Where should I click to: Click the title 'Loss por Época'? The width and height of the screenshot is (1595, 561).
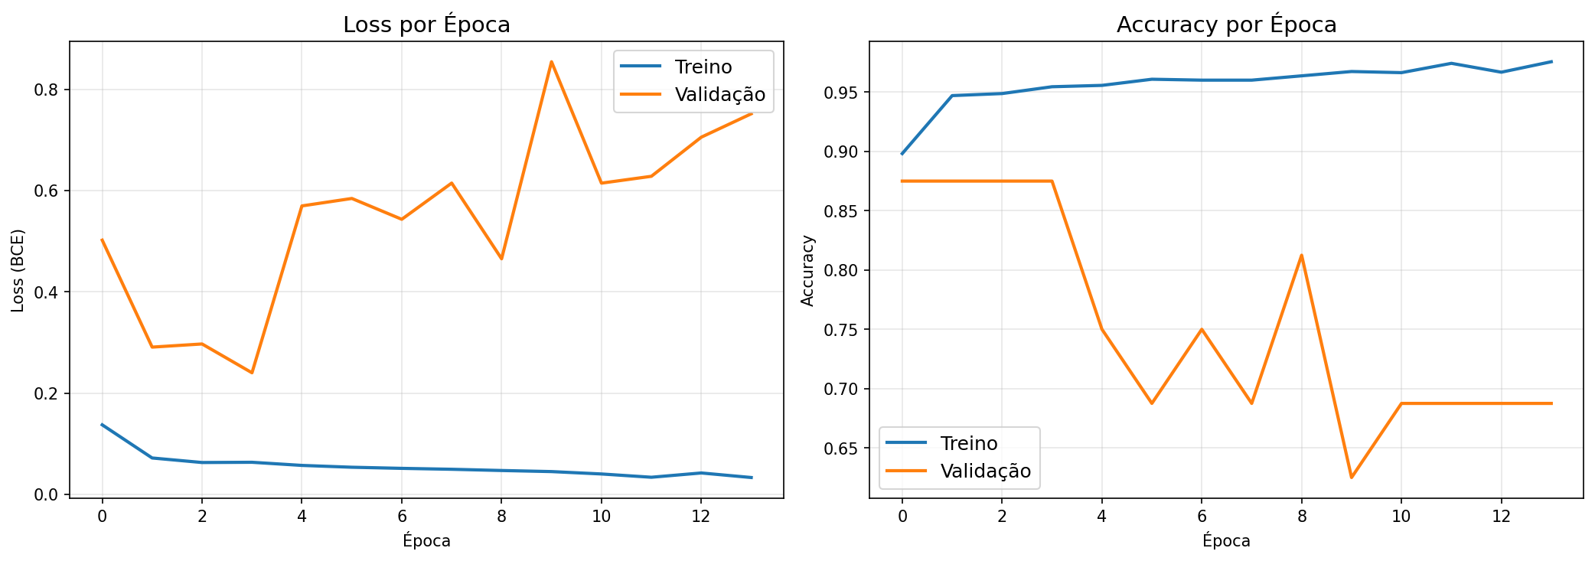click(x=426, y=25)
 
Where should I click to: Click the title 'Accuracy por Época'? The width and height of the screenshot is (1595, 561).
click(x=1226, y=25)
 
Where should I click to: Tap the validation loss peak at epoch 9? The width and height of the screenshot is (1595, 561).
click(x=551, y=62)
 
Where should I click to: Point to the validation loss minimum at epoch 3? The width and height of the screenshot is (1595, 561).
click(x=252, y=373)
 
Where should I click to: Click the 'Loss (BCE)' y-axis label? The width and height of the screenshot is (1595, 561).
click(x=18, y=270)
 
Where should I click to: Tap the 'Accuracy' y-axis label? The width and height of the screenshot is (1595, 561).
click(x=807, y=270)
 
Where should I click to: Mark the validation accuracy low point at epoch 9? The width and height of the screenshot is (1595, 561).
click(x=1351, y=478)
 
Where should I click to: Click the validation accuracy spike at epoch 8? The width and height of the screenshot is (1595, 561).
click(x=1301, y=255)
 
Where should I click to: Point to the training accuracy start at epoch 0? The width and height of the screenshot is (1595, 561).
click(x=902, y=154)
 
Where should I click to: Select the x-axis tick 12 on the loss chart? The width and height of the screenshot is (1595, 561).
click(x=700, y=517)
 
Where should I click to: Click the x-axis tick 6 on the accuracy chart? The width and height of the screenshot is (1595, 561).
click(x=1202, y=517)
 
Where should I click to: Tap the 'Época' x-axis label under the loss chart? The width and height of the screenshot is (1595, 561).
click(x=426, y=541)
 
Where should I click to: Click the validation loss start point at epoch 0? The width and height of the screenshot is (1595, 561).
click(x=103, y=240)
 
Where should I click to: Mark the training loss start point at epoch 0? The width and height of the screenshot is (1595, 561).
click(x=103, y=425)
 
